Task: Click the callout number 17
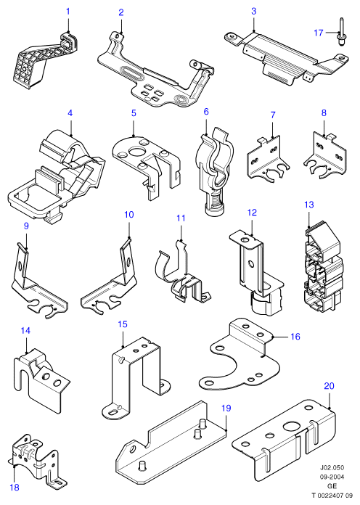(319, 33)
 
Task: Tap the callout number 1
(68, 12)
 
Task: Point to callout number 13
(308, 205)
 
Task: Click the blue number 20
(329, 385)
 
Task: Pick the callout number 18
(15, 488)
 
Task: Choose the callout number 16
(295, 337)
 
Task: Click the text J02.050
(332, 467)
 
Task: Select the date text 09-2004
(332, 477)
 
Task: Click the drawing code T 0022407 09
(332, 496)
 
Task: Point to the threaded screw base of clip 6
(213, 206)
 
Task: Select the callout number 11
(181, 218)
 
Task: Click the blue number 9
(26, 226)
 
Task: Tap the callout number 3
(253, 12)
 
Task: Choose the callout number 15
(123, 324)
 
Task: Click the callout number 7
(273, 115)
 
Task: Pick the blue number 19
(226, 408)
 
